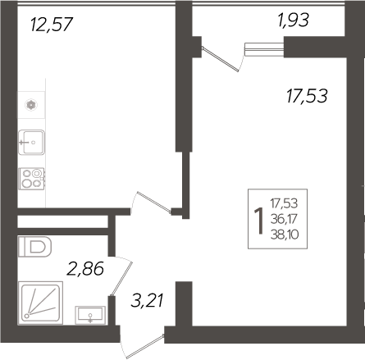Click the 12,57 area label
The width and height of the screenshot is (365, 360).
point(52,25)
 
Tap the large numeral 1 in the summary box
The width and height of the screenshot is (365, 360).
point(260,217)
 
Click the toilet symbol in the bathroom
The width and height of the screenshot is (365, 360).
point(35,245)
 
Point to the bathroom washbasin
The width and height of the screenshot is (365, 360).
point(88,314)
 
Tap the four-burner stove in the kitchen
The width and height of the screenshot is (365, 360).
point(32,178)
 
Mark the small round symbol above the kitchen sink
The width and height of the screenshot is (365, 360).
point(31,104)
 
